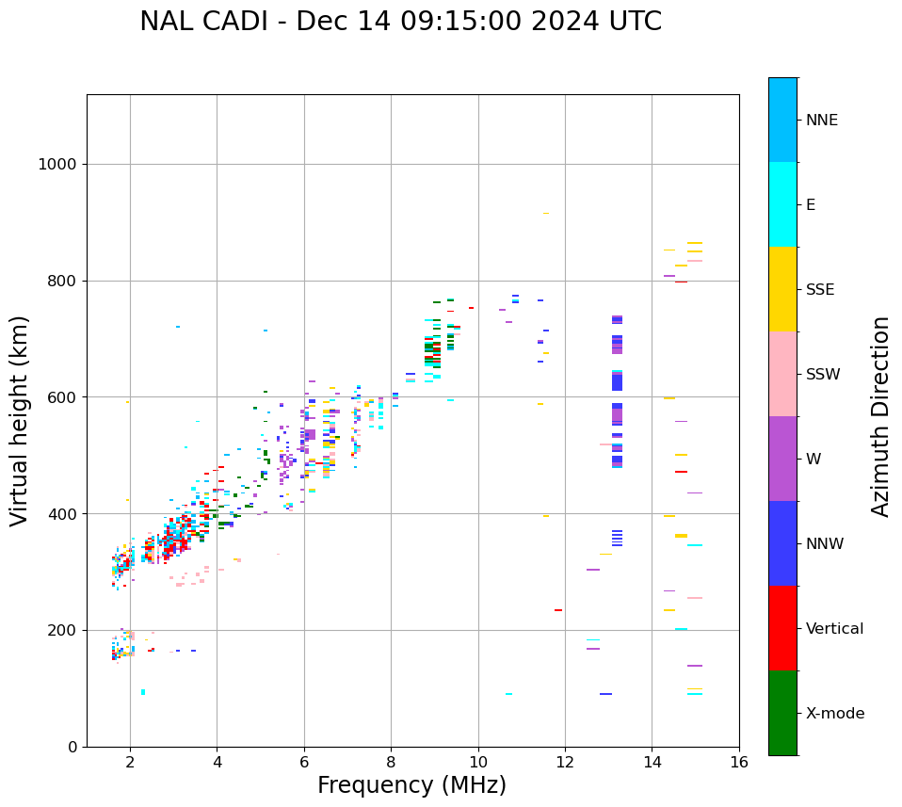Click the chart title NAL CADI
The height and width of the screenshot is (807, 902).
tap(400, 22)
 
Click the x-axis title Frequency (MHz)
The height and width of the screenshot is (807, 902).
tap(411, 785)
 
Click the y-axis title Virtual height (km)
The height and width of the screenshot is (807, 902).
tap(20, 420)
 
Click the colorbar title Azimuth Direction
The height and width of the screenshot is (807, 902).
tap(880, 416)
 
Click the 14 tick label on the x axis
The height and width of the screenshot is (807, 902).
tap(652, 763)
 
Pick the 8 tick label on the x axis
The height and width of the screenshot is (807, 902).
tap(391, 763)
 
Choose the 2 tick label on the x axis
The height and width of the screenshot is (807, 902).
tap(130, 763)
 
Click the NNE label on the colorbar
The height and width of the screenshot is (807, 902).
tap(821, 121)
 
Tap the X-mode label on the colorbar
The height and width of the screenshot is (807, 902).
tap(834, 714)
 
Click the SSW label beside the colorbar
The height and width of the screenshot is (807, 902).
tap(823, 375)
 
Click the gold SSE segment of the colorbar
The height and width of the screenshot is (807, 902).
tap(782, 289)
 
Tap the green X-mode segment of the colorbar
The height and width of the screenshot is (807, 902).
tap(782, 713)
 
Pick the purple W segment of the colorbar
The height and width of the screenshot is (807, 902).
tap(782, 459)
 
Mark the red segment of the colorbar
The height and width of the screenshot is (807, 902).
tap(782, 628)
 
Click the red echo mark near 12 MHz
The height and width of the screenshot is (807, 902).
tap(558, 610)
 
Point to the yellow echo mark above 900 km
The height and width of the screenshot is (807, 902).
tap(545, 214)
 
